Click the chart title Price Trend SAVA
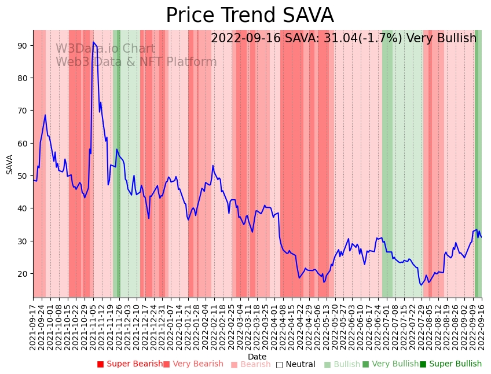click(250, 16)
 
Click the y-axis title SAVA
click(10, 164)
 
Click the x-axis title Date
click(257, 357)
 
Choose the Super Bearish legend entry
click(130, 364)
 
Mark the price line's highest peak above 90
click(93, 42)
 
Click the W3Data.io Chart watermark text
click(105, 49)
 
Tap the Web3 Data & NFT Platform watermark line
click(136, 63)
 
